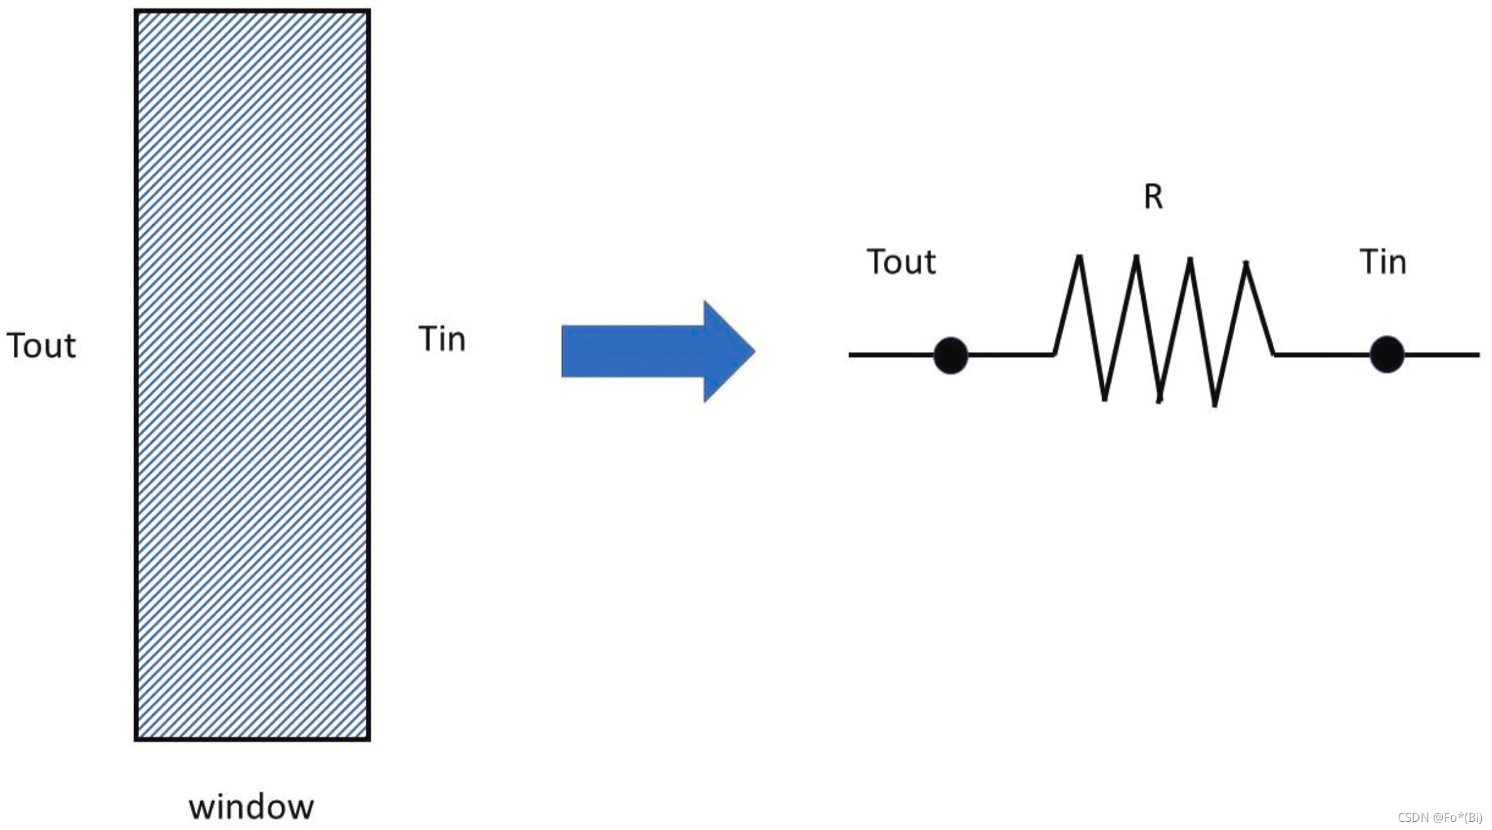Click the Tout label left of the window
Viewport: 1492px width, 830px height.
point(41,345)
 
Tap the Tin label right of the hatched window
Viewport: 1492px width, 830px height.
point(442,339)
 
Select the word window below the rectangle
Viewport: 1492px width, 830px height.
point(251,807)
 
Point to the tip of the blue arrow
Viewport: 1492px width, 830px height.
point(753,351)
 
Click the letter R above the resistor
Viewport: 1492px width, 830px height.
point(1153,196)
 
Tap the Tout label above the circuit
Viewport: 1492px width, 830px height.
point(901,261)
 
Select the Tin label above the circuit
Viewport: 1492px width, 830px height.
point(1382,261)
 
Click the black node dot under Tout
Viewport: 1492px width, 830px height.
point(951,355)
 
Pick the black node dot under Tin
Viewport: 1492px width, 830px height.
point(1387,355)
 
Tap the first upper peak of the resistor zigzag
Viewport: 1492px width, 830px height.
point(1079,257)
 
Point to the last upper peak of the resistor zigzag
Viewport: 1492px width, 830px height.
point(1246,263)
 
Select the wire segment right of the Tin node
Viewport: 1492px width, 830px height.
point(1442,355)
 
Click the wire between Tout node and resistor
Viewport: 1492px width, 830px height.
point(1010,355)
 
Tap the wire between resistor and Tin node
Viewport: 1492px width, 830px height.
point(1322,355)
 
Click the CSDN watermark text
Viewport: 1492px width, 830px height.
point(1439,817)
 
